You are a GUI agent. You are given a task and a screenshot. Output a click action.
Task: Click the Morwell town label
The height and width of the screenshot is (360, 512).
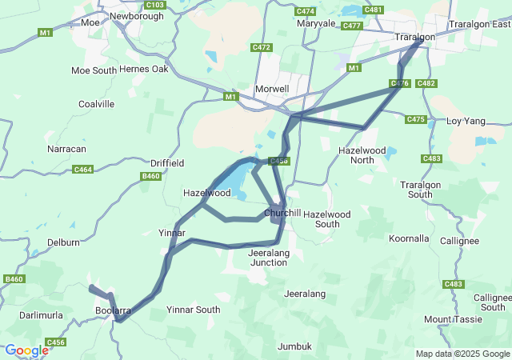[270, 88]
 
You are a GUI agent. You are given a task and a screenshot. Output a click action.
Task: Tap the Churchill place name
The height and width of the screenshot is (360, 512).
[282, 214]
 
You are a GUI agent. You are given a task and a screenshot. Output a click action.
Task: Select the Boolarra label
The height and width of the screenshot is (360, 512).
[113, 310]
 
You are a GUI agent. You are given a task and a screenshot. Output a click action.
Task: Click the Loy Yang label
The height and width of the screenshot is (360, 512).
[466, 121]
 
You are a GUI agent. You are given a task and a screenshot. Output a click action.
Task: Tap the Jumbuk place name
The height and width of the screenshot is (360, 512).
[294, 346]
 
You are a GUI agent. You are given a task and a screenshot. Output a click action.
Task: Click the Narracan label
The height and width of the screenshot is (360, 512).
[66, 149]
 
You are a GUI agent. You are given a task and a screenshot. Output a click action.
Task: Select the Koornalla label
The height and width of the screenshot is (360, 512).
[409, 238]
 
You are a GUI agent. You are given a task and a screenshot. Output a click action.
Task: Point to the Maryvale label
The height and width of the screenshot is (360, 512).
[315, 23]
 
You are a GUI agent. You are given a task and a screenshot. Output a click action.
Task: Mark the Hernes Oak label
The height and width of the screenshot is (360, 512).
[144, 70]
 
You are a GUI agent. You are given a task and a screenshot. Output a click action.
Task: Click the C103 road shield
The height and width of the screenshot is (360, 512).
[156, 5]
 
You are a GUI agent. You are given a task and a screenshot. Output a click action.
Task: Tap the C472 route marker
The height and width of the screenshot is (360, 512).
[261, 47]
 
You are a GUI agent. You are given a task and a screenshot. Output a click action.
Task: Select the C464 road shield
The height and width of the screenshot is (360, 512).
[82, 169]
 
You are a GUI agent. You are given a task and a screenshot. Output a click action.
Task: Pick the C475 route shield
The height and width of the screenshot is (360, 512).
[416, 119]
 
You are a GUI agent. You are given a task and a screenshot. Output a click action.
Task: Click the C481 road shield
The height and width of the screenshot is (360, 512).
[373, 10]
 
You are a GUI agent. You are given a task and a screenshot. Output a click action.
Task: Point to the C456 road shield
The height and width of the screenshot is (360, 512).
[55, 342]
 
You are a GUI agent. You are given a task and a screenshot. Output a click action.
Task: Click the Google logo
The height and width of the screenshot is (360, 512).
[26, 350]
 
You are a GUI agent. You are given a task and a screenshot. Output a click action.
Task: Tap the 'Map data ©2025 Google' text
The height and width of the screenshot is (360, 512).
[462, 354]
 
